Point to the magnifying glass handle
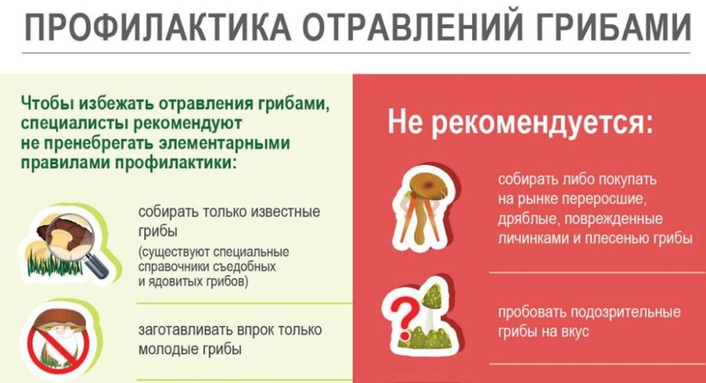tap(96, 265)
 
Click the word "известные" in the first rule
tap(285, 212)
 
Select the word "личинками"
tap(532, 238)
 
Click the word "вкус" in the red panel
tap(575, 332)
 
